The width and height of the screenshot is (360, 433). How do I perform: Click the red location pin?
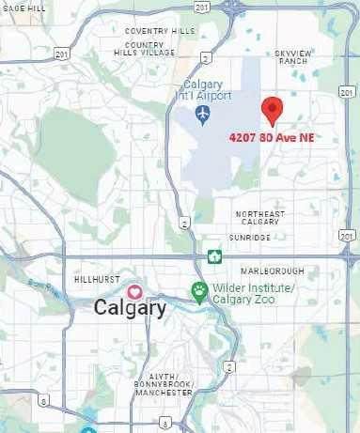[272, 110]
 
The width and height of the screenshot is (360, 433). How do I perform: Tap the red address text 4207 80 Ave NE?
[272, 137]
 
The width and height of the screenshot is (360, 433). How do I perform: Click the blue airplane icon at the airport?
[203, 114]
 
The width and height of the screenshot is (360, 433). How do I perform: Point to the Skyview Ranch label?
[292, 57]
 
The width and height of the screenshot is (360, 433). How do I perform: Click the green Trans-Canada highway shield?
[215, 255]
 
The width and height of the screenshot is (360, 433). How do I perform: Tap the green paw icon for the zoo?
[198, 289]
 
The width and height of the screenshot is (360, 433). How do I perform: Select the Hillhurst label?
[95, 279]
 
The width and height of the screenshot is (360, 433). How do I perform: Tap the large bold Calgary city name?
[131, 308]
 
